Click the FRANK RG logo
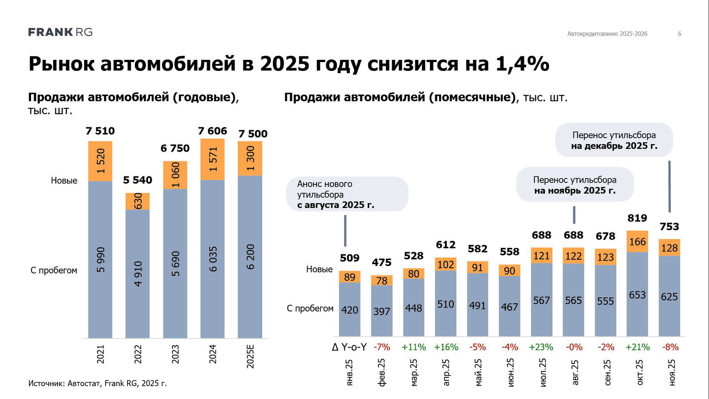60,32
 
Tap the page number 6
679,34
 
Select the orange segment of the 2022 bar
138,201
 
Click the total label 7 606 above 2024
212,131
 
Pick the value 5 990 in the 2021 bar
101,259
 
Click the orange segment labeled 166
637,242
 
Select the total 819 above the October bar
637,218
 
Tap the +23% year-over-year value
541,347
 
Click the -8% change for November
670,347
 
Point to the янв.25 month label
350,372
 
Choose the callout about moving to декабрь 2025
614,140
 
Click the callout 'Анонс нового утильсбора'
347,194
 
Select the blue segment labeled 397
382,311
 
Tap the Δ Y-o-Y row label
349,347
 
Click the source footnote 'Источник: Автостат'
97,383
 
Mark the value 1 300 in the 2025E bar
250,159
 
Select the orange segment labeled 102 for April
445,265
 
